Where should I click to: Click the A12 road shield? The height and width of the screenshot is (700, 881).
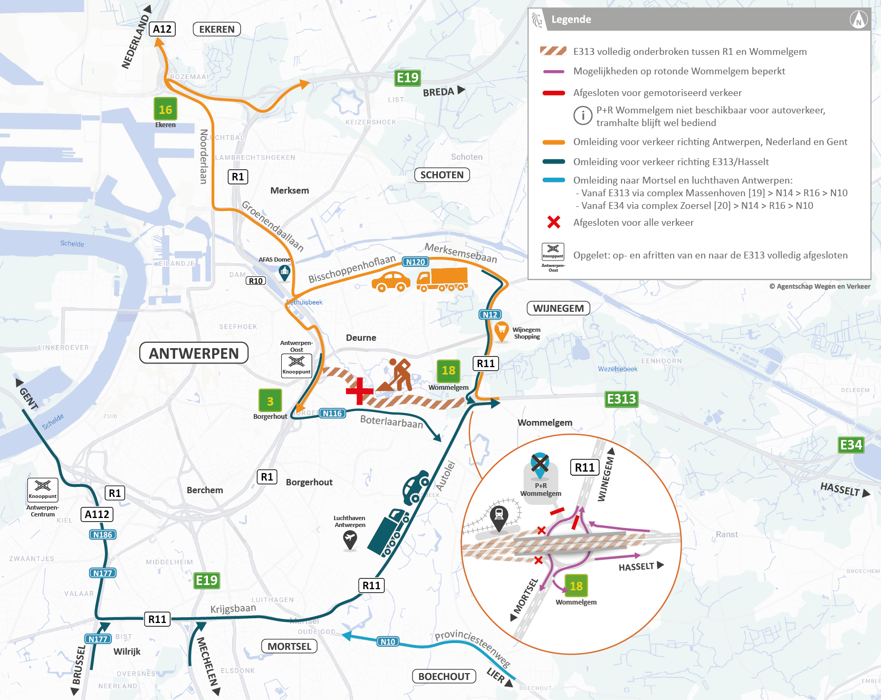(162, 29)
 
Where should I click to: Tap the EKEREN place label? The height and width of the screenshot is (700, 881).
(217, 29)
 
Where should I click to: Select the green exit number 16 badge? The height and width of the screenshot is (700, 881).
(165, 109)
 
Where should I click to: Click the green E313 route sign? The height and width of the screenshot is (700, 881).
(621, 399)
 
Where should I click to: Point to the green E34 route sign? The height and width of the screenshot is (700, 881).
(851, 445)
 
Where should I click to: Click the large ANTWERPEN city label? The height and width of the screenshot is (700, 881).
(194, 353)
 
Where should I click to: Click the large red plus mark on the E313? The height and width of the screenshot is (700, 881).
(360, 391)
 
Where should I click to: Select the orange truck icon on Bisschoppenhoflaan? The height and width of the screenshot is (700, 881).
(442, 280)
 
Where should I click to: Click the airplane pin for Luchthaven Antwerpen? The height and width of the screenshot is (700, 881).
(350, 539)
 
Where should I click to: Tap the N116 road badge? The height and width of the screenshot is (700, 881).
(332, 413)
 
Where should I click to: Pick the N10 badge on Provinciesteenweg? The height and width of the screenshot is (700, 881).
(388, 641)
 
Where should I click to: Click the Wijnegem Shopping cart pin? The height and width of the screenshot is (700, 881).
(502, 331)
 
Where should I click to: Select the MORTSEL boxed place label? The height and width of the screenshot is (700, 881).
(289, 646)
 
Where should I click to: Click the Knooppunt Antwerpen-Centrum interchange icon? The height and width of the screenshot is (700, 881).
(43, 490)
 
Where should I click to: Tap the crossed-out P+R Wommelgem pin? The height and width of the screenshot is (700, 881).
(540, 464)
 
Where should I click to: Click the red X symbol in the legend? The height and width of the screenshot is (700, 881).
(553, 222)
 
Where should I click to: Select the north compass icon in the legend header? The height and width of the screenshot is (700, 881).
(858, 20)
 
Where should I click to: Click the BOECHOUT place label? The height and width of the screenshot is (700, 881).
(444, 676)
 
